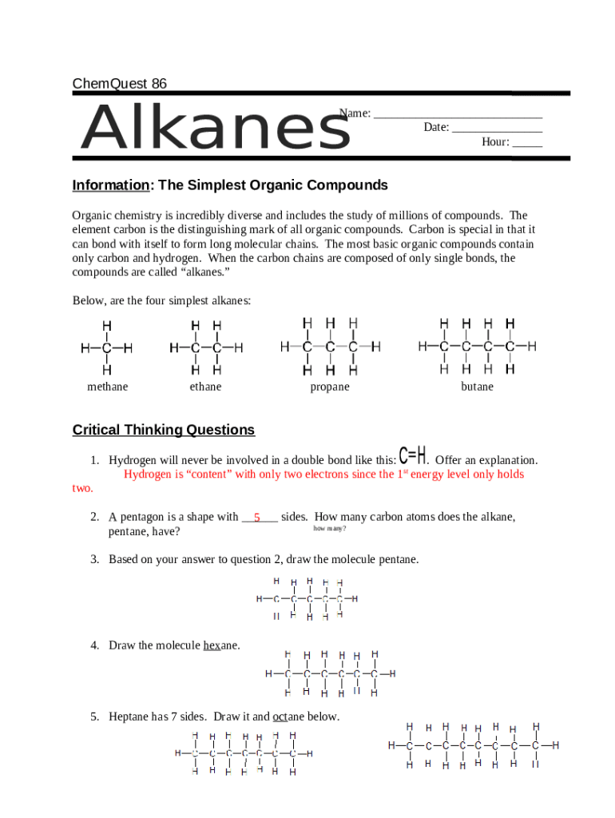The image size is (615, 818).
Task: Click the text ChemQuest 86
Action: (120, 84)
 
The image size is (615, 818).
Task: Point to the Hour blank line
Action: (527, 144)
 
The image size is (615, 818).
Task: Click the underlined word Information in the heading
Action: (111, 185)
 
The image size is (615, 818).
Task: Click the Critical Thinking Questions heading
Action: (164, 430)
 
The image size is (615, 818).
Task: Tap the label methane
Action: (107, 387)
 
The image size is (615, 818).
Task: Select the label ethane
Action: (205, 387)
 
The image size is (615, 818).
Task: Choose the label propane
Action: (330, 387)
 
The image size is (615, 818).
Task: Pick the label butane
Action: (477, 387)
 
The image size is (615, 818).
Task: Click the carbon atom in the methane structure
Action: (106, 349)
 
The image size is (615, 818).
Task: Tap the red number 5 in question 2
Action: (257, 518)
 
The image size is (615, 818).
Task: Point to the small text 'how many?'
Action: (329, 529)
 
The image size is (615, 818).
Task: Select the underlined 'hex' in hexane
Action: (212, 645)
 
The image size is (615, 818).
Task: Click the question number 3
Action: (94, 559)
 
